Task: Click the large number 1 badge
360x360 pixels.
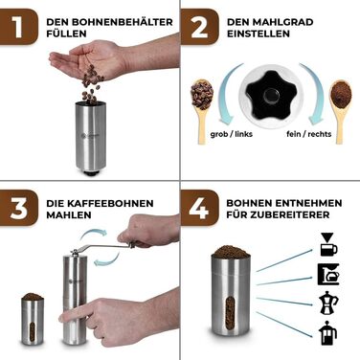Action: click(18, 27)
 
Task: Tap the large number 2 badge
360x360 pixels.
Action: click(200, 27)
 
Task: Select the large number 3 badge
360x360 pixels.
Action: click(18, 208)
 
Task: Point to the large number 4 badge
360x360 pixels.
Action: click(200, 208)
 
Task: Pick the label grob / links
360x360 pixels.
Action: click(232, 134)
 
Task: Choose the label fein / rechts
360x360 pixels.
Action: click(309, 134)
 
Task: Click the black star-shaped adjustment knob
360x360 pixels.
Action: click(268, 96)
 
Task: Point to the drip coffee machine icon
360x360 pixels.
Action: click(328, 275)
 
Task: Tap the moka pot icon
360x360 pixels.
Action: click(328, 303)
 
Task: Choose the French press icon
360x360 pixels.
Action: click(327, 333)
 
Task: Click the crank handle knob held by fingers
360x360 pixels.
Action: click(132, 245)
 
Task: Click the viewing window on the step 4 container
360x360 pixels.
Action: click(230, 312)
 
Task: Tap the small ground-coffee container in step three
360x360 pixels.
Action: click(33, 319)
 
